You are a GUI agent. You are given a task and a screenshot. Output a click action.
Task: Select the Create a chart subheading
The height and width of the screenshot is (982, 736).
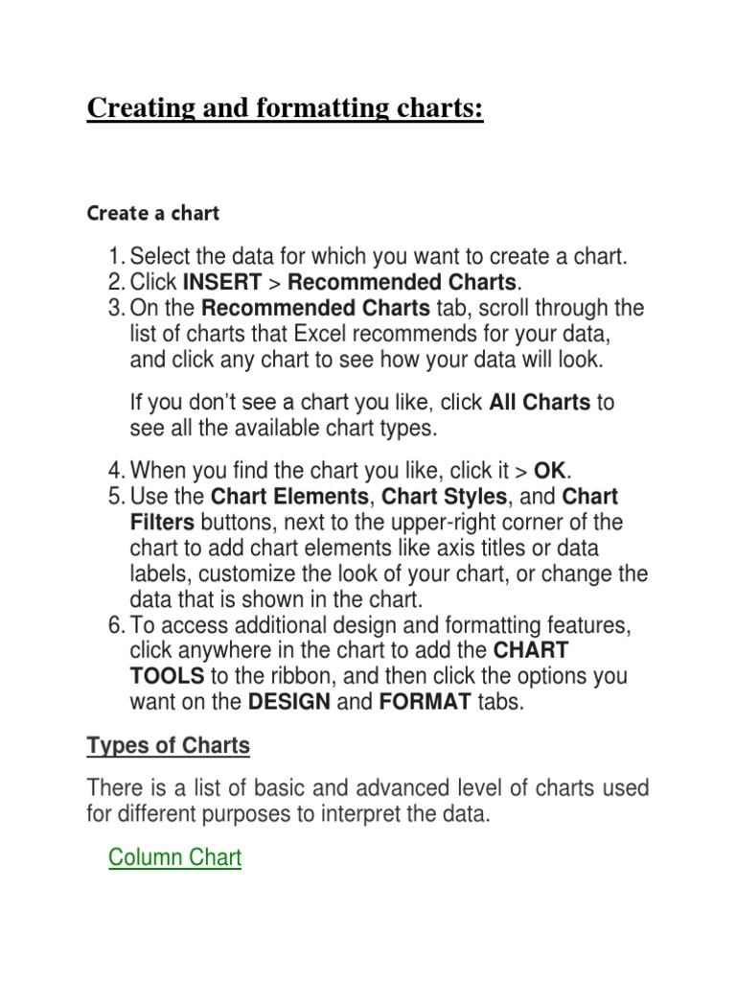pos(153,213)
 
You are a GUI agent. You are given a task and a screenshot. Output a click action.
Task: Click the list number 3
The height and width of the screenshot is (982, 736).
pos(116,309)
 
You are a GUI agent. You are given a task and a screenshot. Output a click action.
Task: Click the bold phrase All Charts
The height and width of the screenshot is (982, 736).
pos(540,402)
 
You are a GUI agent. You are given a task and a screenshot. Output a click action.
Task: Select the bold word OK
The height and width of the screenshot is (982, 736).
pos(550,471)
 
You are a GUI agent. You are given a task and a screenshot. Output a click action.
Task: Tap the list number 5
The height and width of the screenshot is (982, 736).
pos(116,497)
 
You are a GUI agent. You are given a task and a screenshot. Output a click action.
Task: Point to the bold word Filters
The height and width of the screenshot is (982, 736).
pos(162,523)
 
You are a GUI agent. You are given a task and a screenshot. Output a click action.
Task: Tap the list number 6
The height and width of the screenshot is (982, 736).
pos(116,626)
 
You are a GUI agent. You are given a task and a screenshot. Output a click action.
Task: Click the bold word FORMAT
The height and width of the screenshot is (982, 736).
pos(425,701)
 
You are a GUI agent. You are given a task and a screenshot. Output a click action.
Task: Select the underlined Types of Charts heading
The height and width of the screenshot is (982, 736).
pos(168,745)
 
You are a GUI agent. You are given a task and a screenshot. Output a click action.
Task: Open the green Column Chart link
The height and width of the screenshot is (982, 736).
pos(175,856)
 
